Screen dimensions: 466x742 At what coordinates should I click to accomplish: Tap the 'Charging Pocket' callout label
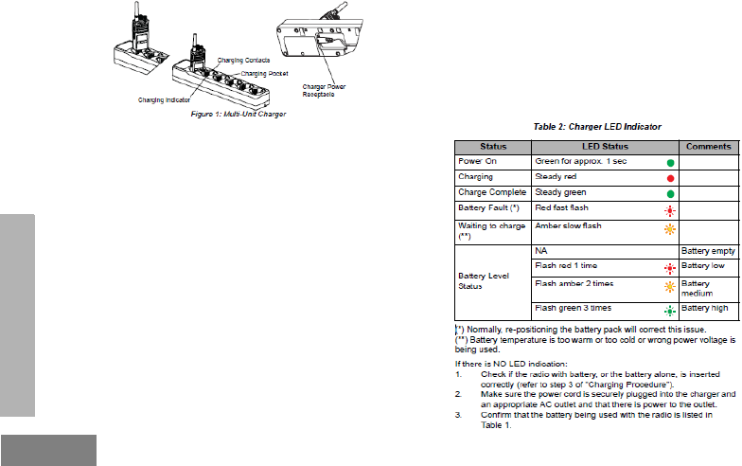(264, 73)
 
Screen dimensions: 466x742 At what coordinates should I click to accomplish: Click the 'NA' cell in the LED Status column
(541, 251)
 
